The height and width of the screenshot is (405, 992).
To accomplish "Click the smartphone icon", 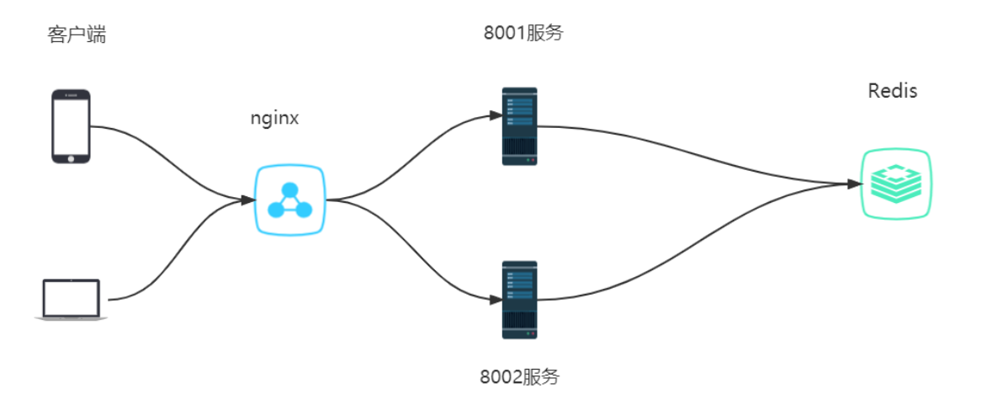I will [71, 126].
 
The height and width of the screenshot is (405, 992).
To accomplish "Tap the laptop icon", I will [71, 300].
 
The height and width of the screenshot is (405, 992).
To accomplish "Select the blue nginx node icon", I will [290, 200].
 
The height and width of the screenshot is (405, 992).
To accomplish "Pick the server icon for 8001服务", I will [519, 126].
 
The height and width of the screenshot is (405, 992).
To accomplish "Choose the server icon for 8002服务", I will [519, 300].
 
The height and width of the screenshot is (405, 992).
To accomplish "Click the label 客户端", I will [77, 35].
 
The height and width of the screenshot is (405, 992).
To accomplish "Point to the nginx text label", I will [274, 118].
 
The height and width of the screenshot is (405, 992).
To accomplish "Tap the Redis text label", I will [893, 91].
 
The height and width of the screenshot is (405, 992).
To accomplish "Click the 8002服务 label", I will [519, 376].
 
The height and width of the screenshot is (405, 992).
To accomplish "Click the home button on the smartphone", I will [71, 157].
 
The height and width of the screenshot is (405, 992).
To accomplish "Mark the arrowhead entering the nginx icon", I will [248, 200].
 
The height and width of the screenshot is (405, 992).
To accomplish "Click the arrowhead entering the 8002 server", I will [495, 299].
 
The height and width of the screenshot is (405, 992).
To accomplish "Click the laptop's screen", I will [71, 296].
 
